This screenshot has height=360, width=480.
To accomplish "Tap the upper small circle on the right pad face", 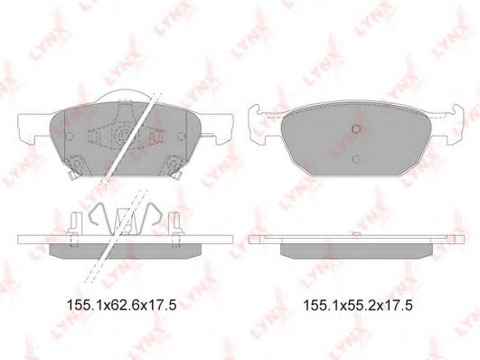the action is click(x=356, y=128).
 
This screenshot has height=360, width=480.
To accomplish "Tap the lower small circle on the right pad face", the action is click(x=356, y=159).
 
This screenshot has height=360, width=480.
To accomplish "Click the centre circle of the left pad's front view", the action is click(x=124, y=135).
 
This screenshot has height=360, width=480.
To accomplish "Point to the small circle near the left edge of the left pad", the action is click(x=70, y=136).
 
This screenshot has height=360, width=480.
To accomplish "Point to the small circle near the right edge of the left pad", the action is click(x=181, y=136).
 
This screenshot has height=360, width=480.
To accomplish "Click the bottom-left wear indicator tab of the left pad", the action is click(x=73, y=175).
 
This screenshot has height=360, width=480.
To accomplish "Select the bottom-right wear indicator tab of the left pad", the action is click(x=176, y=175).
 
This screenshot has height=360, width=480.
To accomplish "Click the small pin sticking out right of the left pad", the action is click(x=208, y=135).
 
